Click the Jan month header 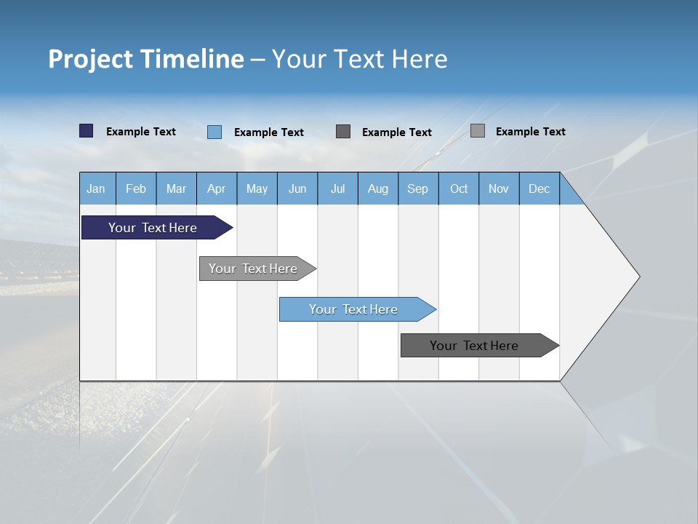coord(97,188)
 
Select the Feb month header coord(136,188)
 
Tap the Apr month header coord(216,188)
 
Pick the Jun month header coord(297,188)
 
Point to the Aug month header coord(378,188)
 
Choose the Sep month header coord(418,188)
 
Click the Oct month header coord(459,188)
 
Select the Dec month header coord(539,188)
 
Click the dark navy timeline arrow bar coord(153,228)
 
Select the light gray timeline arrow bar coord(253,269)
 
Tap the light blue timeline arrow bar coord(353,309)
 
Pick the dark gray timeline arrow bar coord(474,346)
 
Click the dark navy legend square coord(87,131)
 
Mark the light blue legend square coord(214,132)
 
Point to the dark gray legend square coord(343,131)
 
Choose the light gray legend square coord(478,130)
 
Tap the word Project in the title coord(90,59)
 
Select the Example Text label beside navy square coord(141,132)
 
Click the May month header coord(257,188)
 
